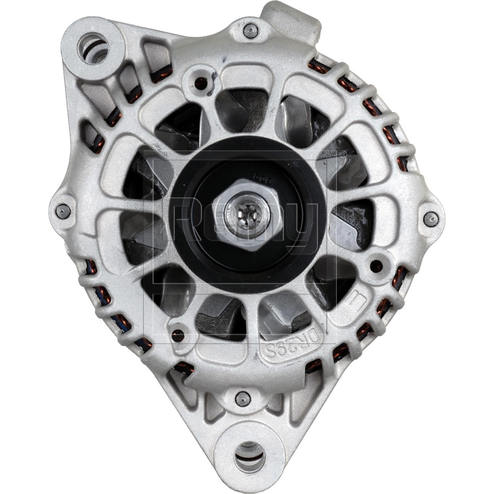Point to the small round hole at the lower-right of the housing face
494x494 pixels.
point(375,264)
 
